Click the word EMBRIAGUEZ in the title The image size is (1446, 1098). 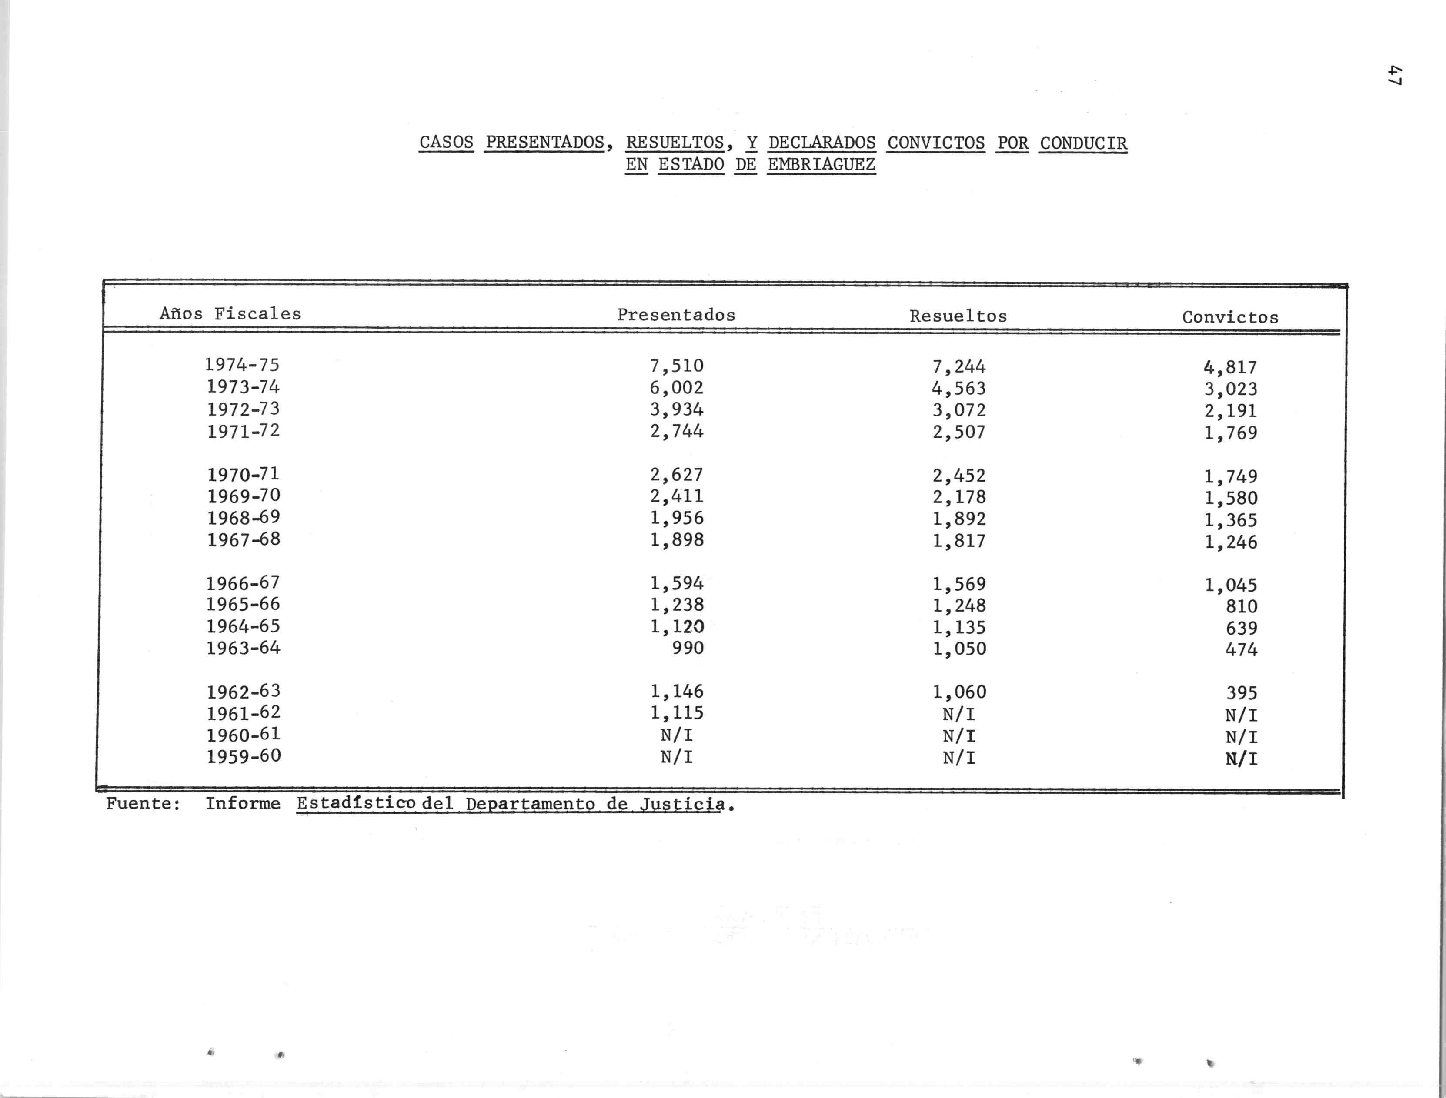pyautogui.click(x=821, y=165)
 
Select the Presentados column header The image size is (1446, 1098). pyautogui.click(x=677, y=315)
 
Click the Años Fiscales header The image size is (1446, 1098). pyautogui.click(x=230, y=314)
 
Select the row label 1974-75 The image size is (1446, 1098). pyautogui.click(x=243, y=365)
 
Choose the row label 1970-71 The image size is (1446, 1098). pyautogui.click(x=243, y=474)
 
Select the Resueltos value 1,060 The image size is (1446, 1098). pyautogui.click(x=959, y=692)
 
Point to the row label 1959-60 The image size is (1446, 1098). pyautogui.click(x=244, y=757)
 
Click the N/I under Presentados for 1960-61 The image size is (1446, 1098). pyautogui.click(x=677, y=735)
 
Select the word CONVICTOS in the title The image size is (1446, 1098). pyautogui.click(x=935, y=143)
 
